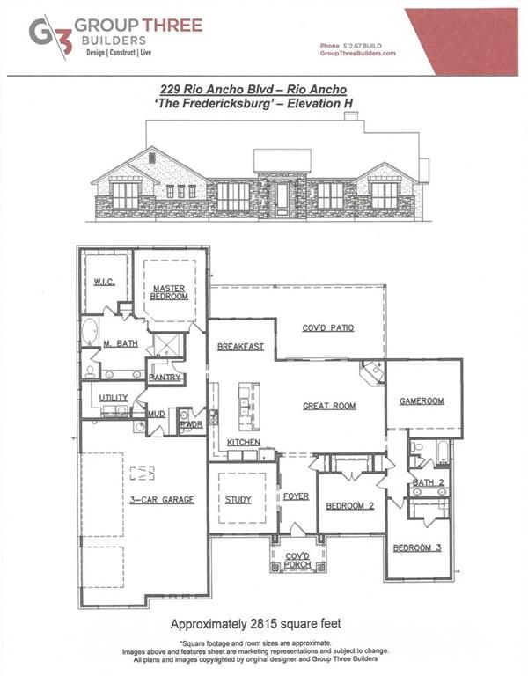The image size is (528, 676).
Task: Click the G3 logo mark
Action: click(49, 35)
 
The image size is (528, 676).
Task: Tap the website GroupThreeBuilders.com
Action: click(357, 54)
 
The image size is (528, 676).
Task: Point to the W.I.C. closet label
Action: click(104, 282)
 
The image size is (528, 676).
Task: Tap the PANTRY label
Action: click(165, 378)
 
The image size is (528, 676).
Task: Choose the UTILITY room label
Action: click(114, 398)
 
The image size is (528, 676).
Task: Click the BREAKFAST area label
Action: click(240, 347)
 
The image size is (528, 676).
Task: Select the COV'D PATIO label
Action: click(328, 327)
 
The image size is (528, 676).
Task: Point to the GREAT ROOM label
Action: click(328, 406)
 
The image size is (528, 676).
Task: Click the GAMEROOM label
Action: click(422, 401)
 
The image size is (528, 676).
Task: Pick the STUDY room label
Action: click(238, 499)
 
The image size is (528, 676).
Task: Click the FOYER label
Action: click(296, 496)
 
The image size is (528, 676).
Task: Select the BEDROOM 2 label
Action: click(351, 506)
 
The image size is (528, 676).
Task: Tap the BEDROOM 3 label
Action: click(417, 547)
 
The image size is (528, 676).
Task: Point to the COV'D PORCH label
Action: click(297, 560)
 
